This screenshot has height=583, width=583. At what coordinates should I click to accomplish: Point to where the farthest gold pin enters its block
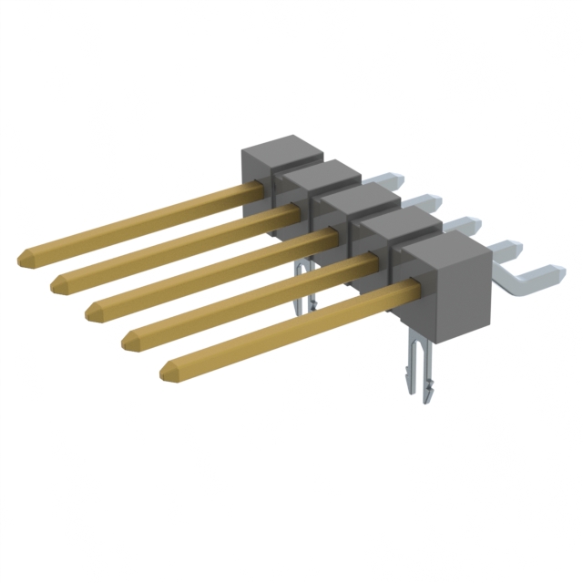[261, 186]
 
